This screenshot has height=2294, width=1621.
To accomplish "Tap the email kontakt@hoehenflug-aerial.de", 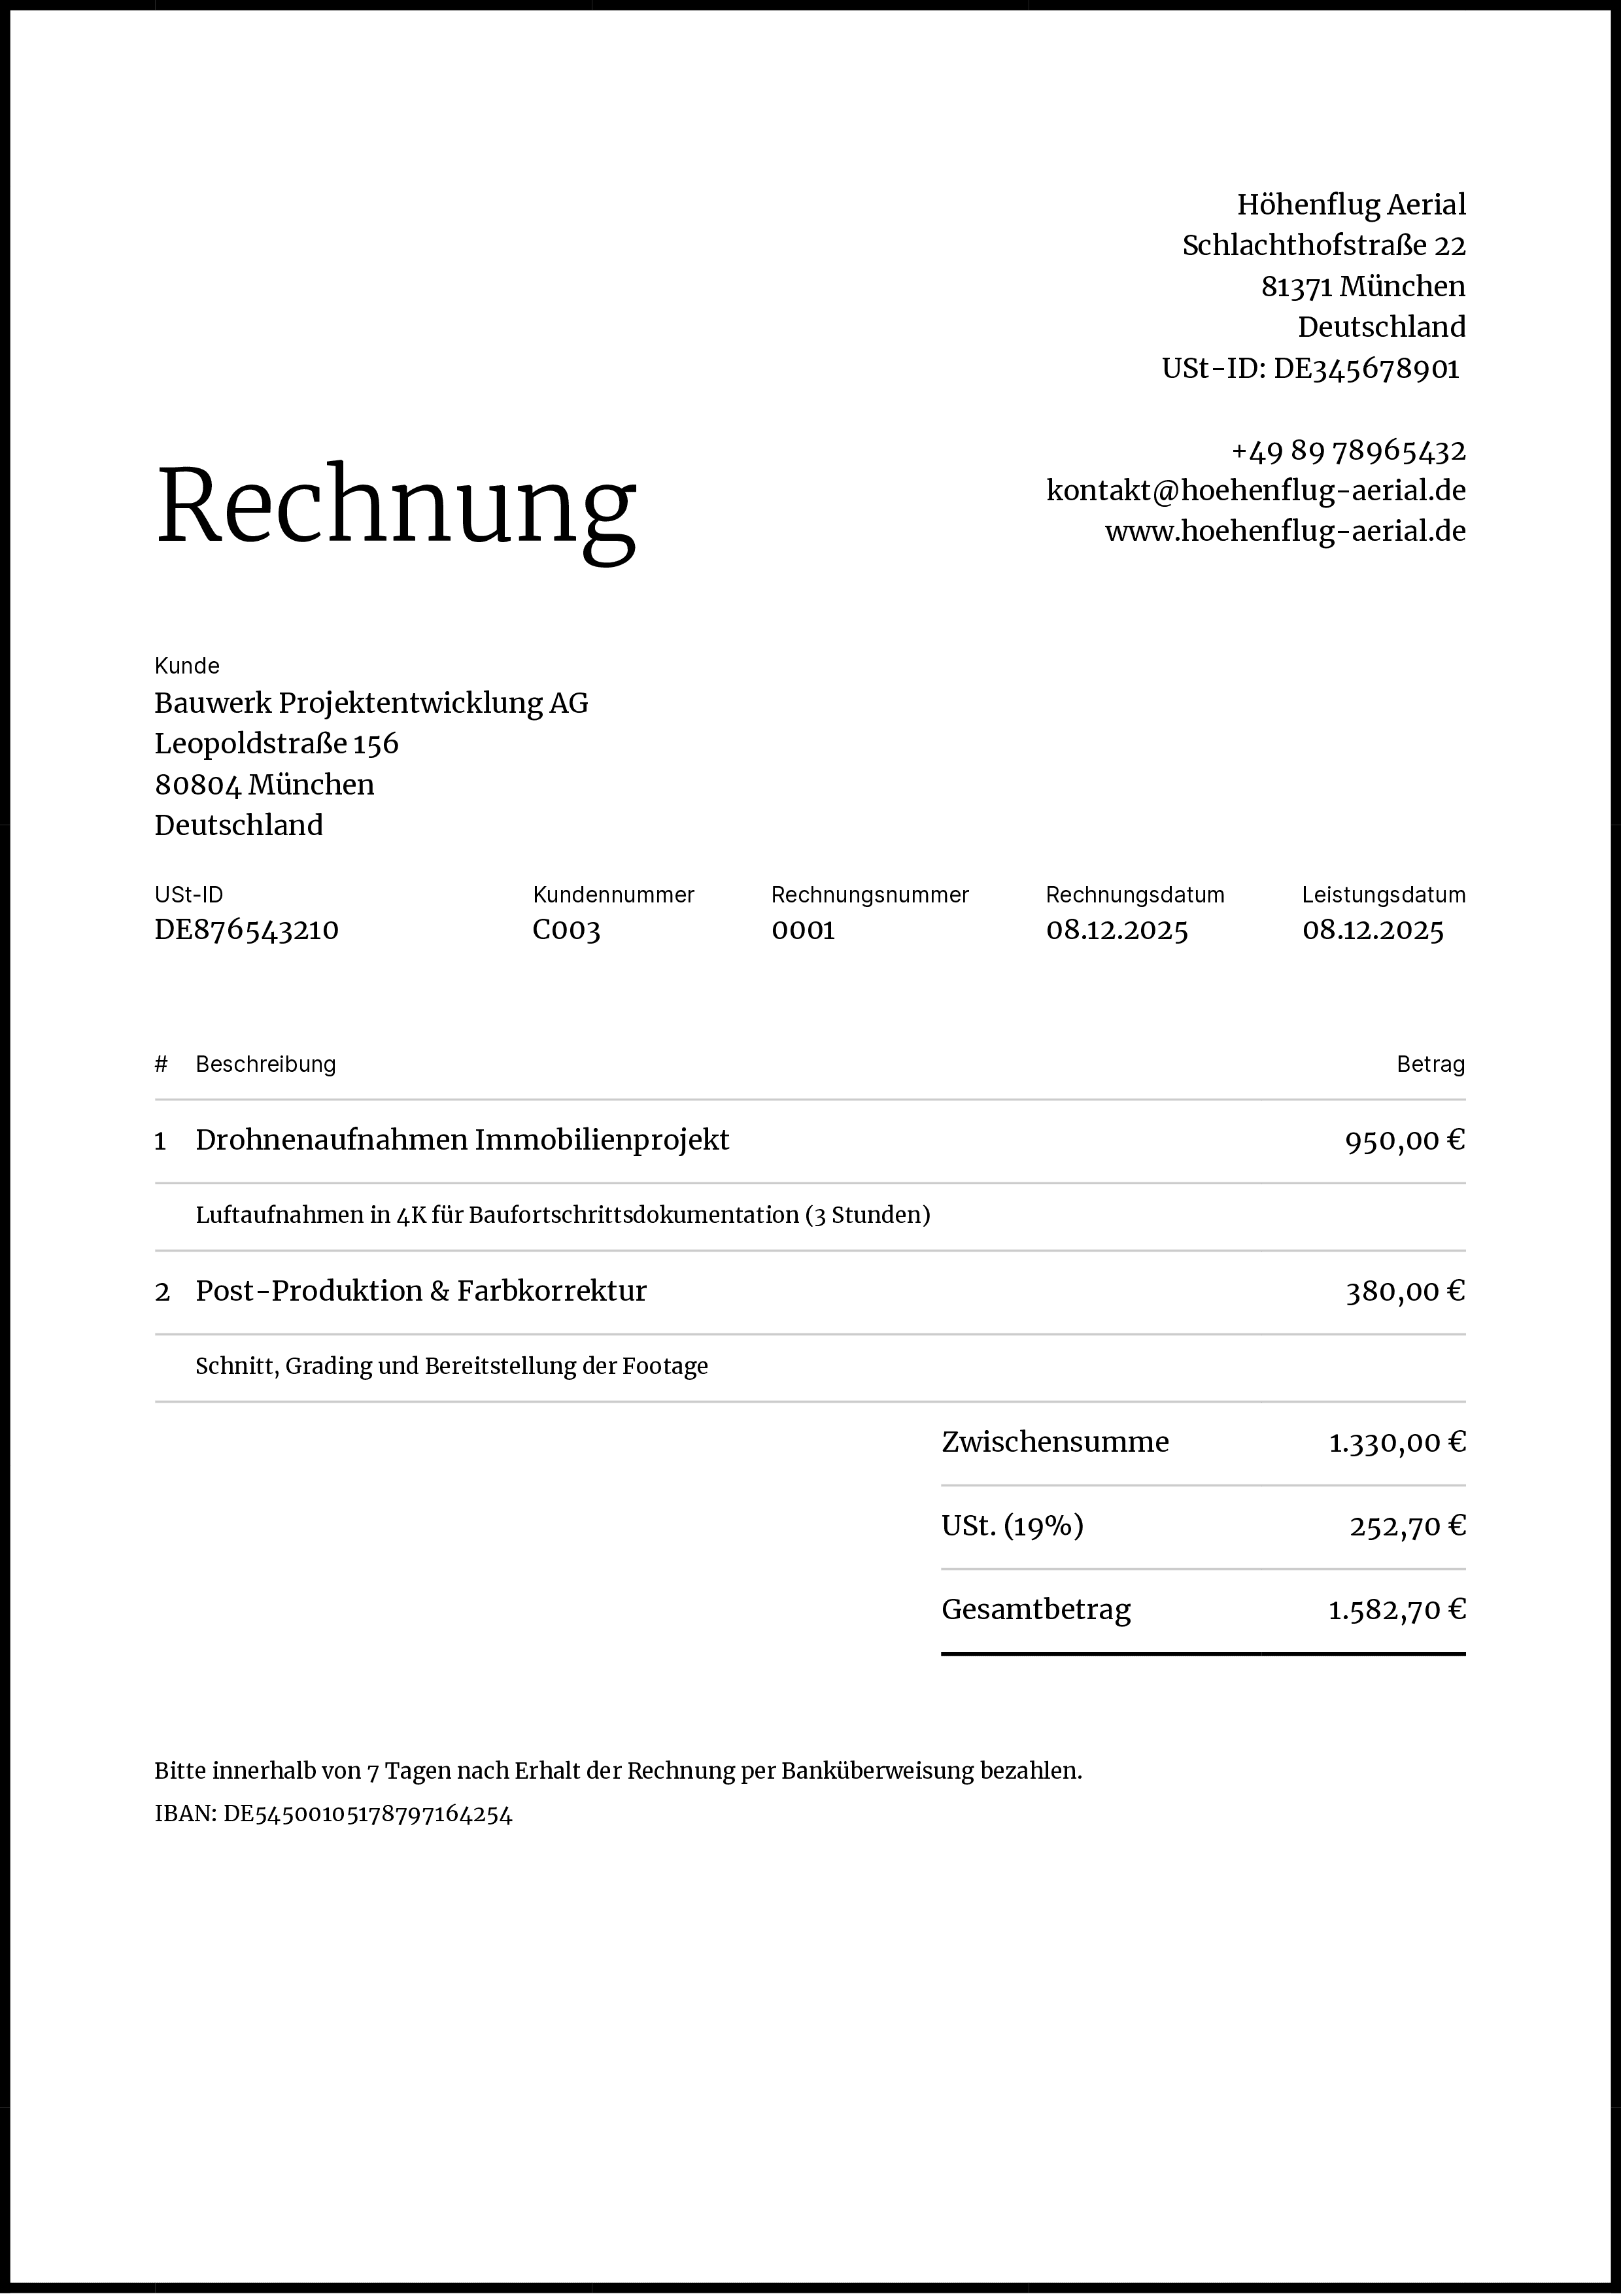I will pos(1255,490).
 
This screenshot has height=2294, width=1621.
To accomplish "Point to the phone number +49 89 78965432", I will pos(1348,451).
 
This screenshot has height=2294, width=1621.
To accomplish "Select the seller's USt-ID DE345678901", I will pos(1365,369).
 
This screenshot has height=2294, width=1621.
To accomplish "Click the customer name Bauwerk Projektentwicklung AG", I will pos(371,704).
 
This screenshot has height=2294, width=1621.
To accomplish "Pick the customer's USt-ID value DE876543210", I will pos(247,930).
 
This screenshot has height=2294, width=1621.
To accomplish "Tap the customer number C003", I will pos(566,930).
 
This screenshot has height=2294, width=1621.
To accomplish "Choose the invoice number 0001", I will pos(803,930).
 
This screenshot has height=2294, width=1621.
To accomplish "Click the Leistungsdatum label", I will pos(1383,895).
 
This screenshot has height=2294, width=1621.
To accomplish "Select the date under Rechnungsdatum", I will pos(1117,930).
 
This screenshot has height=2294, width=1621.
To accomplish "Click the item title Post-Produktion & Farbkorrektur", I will pos(420,1291).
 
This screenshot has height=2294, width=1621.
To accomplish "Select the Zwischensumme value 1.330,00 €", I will pos(1396,1443).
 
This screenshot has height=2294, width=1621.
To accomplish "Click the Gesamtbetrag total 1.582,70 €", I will pos(1396,1609).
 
